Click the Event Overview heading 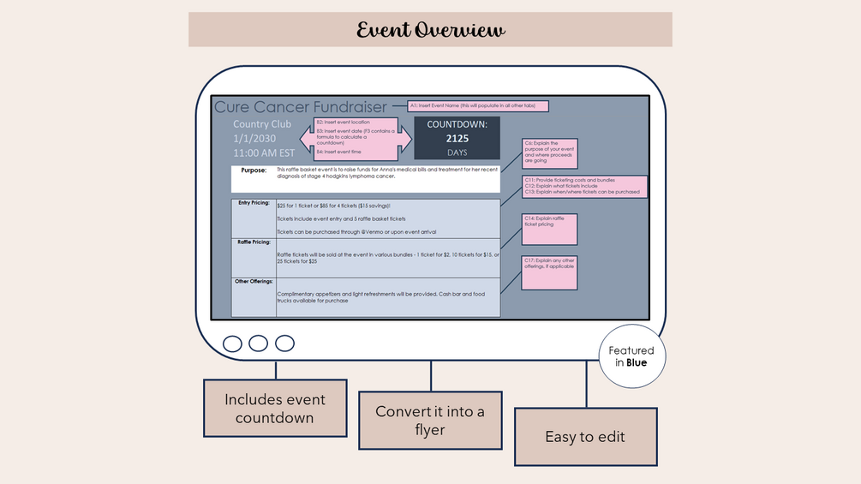point(430,30)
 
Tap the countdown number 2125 point(457,138)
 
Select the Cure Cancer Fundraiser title point(300,106)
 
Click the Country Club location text point(262,124)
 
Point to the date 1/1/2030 point(255,138)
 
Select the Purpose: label point(254,170)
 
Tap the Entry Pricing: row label point(254,203)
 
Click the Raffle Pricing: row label point(254,242)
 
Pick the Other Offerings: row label point(254,281)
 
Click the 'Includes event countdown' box point(275,408)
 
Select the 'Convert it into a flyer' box point(429,421)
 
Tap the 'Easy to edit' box point(585,437)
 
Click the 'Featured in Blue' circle point(631,356)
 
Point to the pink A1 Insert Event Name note point(477,106)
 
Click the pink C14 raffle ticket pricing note point(549,229)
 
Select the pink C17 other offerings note point(549,271)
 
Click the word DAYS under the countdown point(457,152)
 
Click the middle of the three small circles point(258,344)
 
